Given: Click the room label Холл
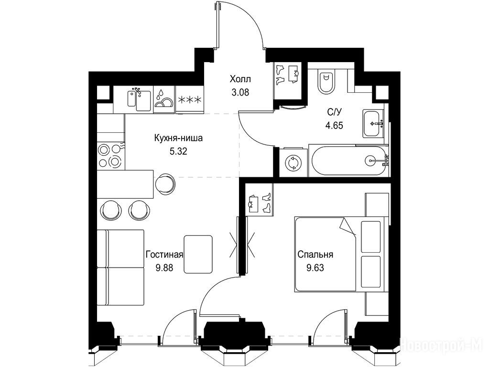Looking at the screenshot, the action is [x=240, y=79].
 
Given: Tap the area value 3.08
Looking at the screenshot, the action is [x=240, y=92].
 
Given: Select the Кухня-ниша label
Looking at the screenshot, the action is [x=178, y=138].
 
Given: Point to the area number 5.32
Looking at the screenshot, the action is [x=178, y=151].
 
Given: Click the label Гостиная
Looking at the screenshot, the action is [x=164, y=254].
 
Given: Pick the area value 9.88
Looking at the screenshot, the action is [x=164, y=268].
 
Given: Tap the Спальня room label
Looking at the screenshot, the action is [x=315, y=254].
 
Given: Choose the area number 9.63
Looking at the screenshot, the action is [x=315, y=268].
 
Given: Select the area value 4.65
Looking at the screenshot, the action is [x=334, y=125].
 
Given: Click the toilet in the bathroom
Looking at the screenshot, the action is [x=326, y=81].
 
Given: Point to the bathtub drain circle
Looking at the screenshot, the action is [x=370, y=161].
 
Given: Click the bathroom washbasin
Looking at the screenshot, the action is [x=373, y=123].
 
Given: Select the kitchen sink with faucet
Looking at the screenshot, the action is [x=139, y=99].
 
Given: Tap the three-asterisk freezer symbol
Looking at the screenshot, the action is [x=189, y=100].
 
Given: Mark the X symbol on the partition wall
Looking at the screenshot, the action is [x=242, y=245].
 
